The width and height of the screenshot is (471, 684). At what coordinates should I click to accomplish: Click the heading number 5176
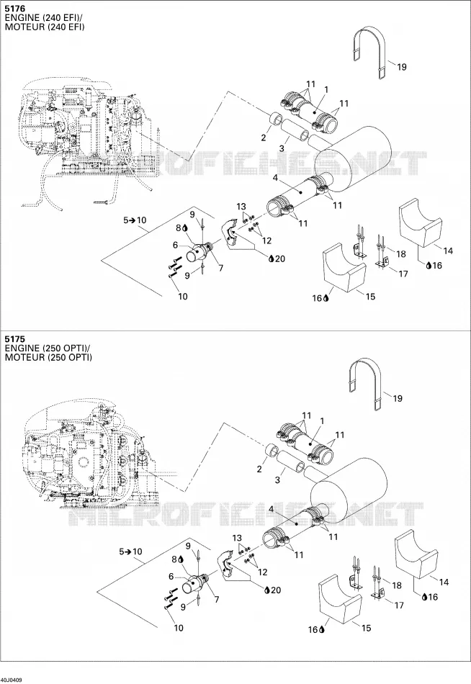tap(14, 9)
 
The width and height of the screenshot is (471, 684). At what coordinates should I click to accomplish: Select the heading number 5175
tap(14, 339)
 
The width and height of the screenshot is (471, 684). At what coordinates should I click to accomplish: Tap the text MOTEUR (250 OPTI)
tap(48, 358)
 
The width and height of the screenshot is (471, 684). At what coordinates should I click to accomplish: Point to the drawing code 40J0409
tap(12, 680)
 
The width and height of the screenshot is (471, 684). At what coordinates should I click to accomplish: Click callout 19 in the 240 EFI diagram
tap(402, 67)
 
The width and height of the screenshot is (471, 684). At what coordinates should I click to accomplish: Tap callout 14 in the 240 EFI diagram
tap(448, 251)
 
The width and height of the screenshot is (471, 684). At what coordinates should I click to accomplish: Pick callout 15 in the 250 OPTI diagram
tap(367, 628)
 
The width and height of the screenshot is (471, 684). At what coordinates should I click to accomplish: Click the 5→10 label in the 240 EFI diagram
tap(135, 220)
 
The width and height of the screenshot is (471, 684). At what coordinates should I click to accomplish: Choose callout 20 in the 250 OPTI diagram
tap(275, 590)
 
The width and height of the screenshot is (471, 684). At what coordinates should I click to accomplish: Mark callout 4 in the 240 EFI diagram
tap(275, 178)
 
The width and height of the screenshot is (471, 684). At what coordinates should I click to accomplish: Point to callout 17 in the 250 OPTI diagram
tap(399, 606)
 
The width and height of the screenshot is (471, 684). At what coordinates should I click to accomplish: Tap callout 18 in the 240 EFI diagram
tap(400, 254)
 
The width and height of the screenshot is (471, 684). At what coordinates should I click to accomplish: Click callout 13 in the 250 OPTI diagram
tap(237, 539)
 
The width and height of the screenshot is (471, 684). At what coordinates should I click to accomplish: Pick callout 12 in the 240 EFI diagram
tap(266, 240)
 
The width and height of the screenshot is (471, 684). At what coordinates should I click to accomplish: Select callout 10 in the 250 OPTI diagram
tap(179, 628)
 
